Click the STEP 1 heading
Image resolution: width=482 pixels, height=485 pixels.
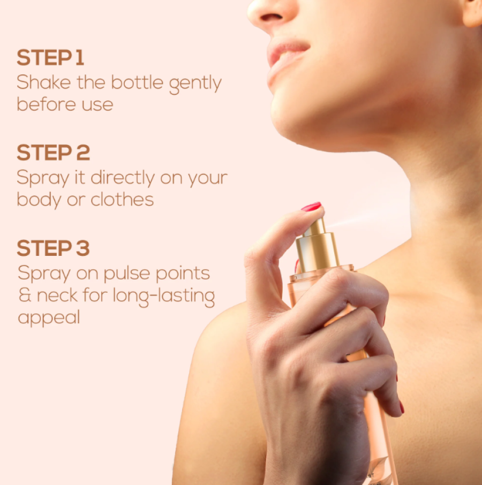pyautogui.click(x=50, y=57)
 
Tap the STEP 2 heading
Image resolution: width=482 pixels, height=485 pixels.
pyautogui.click(x=53, y=153)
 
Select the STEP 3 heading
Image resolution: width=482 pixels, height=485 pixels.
pyautogui.click(x=53, y=248)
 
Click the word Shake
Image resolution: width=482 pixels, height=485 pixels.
pyautogui.click(x=43, y=82)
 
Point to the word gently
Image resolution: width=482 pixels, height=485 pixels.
pyautogui.click(x=195, y=84)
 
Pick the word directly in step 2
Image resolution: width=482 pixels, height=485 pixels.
pyautogui.click(x=123, y=178)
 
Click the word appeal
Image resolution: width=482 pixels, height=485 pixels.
pyautogui.click(x=49, y=317)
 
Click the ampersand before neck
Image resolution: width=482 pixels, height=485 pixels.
pyautogui.click(x=25, y=295)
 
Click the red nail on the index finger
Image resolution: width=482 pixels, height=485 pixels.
pyautogui.click(x=312, y=206)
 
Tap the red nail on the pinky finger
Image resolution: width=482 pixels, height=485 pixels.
pyautogui.click(x=402, y=407)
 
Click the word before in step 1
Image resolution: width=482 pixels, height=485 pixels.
pyautogui.click(x=46, y=104)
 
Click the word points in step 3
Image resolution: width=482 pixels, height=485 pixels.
pyautogui.click(x=183, y=274)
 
